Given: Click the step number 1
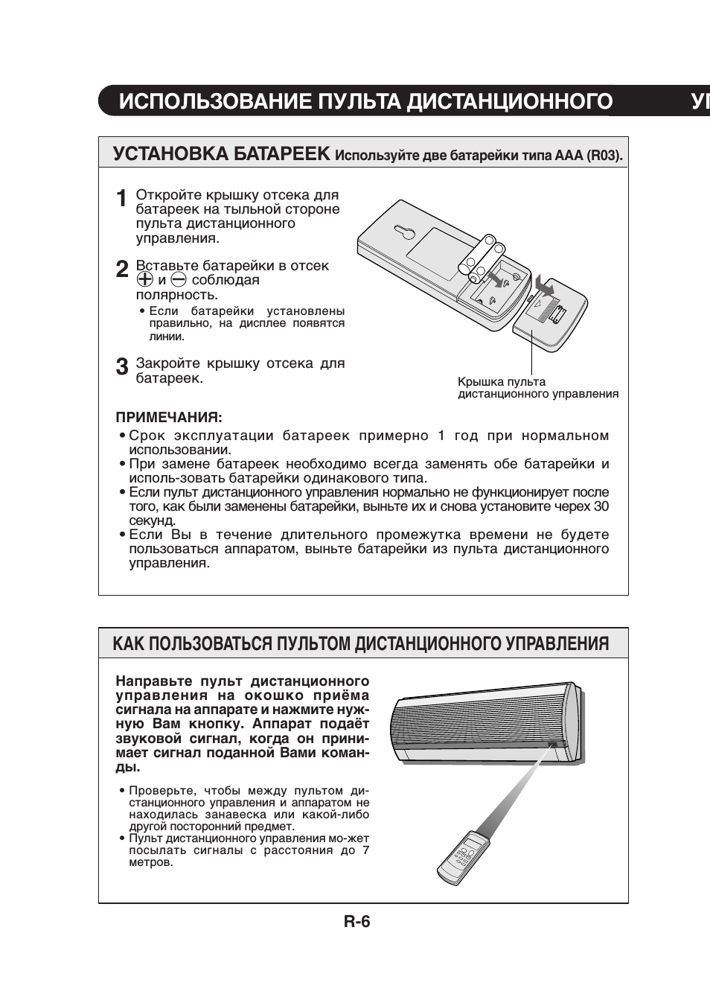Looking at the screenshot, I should tap(121, 200).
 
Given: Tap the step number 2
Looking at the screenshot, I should tap(121, 270).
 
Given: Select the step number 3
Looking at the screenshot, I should tap(121, 367).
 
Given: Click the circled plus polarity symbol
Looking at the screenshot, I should tap(144, 280).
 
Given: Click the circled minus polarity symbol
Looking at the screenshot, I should tap(178, 280).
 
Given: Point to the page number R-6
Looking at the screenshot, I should tap(356, 922).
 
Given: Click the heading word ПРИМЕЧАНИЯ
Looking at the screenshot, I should tap(169, 417).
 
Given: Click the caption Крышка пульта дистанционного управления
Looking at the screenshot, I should tap(537, 388).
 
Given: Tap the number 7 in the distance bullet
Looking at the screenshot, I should tap(365, 850).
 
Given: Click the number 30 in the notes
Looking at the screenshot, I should tap(601, 506).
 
